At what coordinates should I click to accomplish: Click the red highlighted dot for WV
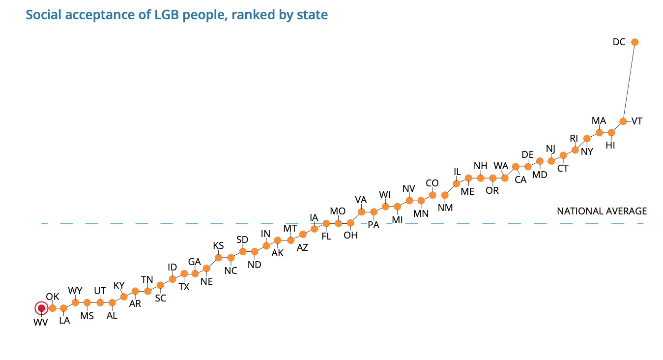[x=41, y=308]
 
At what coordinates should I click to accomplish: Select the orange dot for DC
[x=634, y=42]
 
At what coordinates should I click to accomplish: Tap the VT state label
[x=637, y=121]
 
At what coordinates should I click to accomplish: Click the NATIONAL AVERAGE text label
[x=602, y=211]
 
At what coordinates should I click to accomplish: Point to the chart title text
[x=177, y=15]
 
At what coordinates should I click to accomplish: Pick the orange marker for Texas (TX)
[x=184, y=273]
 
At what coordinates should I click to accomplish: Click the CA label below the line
[x=520, y=180]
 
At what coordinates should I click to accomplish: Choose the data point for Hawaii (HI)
[x=611, y=133]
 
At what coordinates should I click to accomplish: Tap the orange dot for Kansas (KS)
[x=219, y=257]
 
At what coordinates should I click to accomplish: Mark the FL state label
[x=326, y=236]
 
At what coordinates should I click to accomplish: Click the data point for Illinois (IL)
[x=457, y=183]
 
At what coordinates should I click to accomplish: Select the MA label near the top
[x=599, y=121]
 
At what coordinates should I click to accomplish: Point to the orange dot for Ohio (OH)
[x=350, y=223]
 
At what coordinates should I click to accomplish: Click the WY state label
[x=75, y=291]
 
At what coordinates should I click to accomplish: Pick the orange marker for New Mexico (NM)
[x=445, y=195]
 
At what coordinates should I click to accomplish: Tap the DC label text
[x=619, y=42]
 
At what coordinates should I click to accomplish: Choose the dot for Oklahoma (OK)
[x=53, y=308]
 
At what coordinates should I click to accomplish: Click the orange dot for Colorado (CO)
[x=432, y=195]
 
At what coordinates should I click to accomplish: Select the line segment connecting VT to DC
[x=629, y=82]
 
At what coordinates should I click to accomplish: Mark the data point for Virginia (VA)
[x=362, y=211]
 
